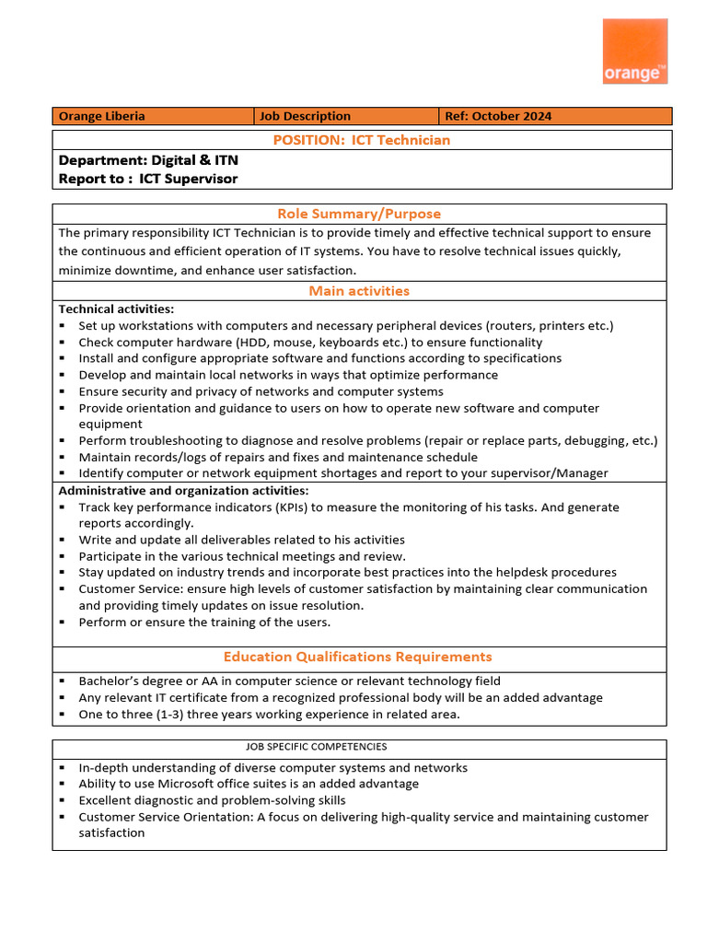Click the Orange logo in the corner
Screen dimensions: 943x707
(x=634, y=52)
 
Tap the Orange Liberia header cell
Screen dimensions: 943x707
(x=101, y=116)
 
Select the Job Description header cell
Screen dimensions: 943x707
(x=305, y=116)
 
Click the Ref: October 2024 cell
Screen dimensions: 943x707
(x=498, y=116)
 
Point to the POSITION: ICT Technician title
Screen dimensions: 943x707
(x=361, y=140)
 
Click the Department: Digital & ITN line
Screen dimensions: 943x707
(x=148, y=160)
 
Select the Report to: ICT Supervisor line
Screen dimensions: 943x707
(x=147, y=179)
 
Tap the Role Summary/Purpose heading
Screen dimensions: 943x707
(x=359, y=214)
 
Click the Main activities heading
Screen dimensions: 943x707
(x=359, y=291)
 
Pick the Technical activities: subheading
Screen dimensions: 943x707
(x=116, y=309)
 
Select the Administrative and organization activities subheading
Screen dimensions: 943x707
(x=184, y=491)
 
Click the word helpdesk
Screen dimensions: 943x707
(x=526, y=572)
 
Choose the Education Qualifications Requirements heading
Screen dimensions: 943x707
(x=357, y=657)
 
